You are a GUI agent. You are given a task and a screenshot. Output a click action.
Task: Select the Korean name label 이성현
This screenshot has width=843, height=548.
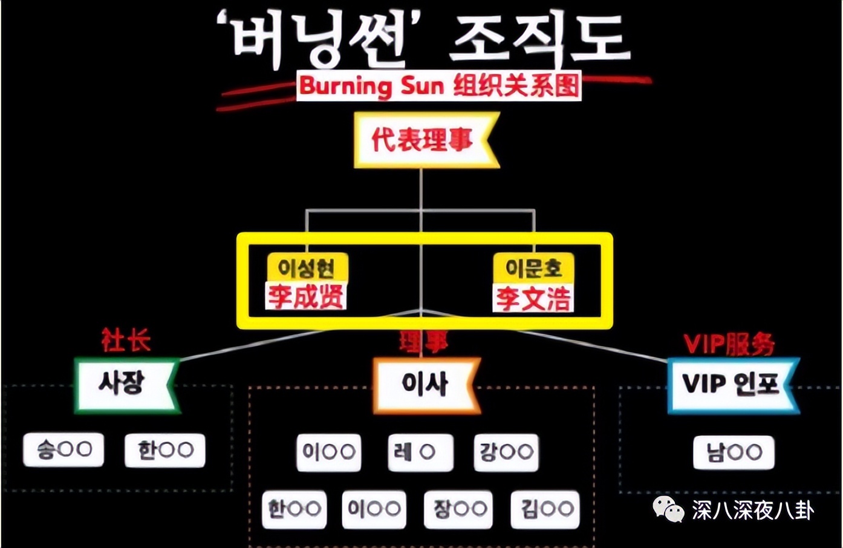(307, 267)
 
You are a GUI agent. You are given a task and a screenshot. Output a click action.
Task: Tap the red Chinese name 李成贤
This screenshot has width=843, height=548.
(306, 296)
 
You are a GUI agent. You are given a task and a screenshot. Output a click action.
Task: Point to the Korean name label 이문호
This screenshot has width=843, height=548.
(533, 267)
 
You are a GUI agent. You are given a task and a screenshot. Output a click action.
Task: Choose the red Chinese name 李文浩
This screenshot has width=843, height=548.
(533, 298)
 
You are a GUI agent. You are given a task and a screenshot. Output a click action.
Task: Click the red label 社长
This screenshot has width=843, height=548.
(126, 341)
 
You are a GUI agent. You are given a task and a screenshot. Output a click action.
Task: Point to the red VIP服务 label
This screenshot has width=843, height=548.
(729, 344)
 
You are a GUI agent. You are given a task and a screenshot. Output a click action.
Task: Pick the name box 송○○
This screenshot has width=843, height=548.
(63, 449)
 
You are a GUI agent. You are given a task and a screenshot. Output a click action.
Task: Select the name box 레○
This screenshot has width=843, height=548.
(420, 452)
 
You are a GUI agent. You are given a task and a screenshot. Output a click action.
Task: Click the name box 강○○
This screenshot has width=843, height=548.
(506, 452)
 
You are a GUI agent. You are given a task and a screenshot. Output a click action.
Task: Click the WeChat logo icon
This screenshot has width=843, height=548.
(668, 509)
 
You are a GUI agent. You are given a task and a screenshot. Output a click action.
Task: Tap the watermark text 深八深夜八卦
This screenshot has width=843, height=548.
(753, 510)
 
